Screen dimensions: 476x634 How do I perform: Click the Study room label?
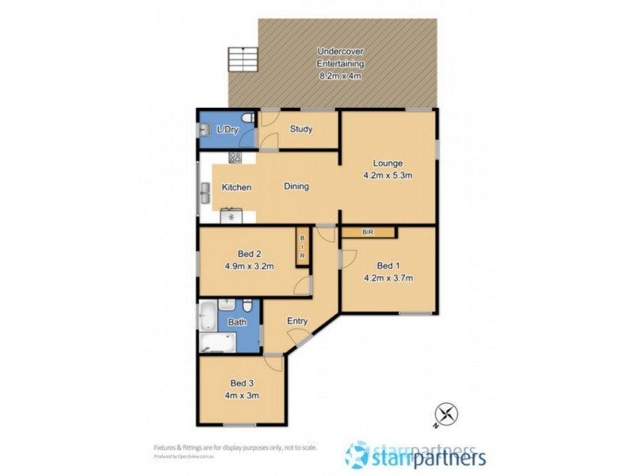coord(301,129)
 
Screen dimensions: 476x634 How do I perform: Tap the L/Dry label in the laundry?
coord(228,129)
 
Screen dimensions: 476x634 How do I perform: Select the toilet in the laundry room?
coord(248,119)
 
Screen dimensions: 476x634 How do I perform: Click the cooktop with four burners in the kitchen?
coord(235,157)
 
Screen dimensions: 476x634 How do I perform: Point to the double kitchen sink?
coord(204,190)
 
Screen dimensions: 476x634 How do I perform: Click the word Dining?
coord(296,187)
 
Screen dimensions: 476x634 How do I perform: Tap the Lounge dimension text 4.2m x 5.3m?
coord(388,177)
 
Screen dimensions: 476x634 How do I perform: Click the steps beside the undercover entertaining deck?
coord(239,59)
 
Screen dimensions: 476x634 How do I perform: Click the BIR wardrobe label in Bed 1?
coord(368,232)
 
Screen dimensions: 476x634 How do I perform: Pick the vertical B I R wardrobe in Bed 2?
coord(302,246)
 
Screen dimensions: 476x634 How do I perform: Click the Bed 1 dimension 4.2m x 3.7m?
coord(388,278)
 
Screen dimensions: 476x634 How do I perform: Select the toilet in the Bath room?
coord(247,306)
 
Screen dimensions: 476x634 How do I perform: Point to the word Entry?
coord(297,321)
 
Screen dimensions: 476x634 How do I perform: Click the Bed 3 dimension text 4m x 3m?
coord(243,394)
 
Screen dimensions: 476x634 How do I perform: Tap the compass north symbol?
coord(445,413)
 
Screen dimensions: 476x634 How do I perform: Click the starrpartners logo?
coord(416,455)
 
